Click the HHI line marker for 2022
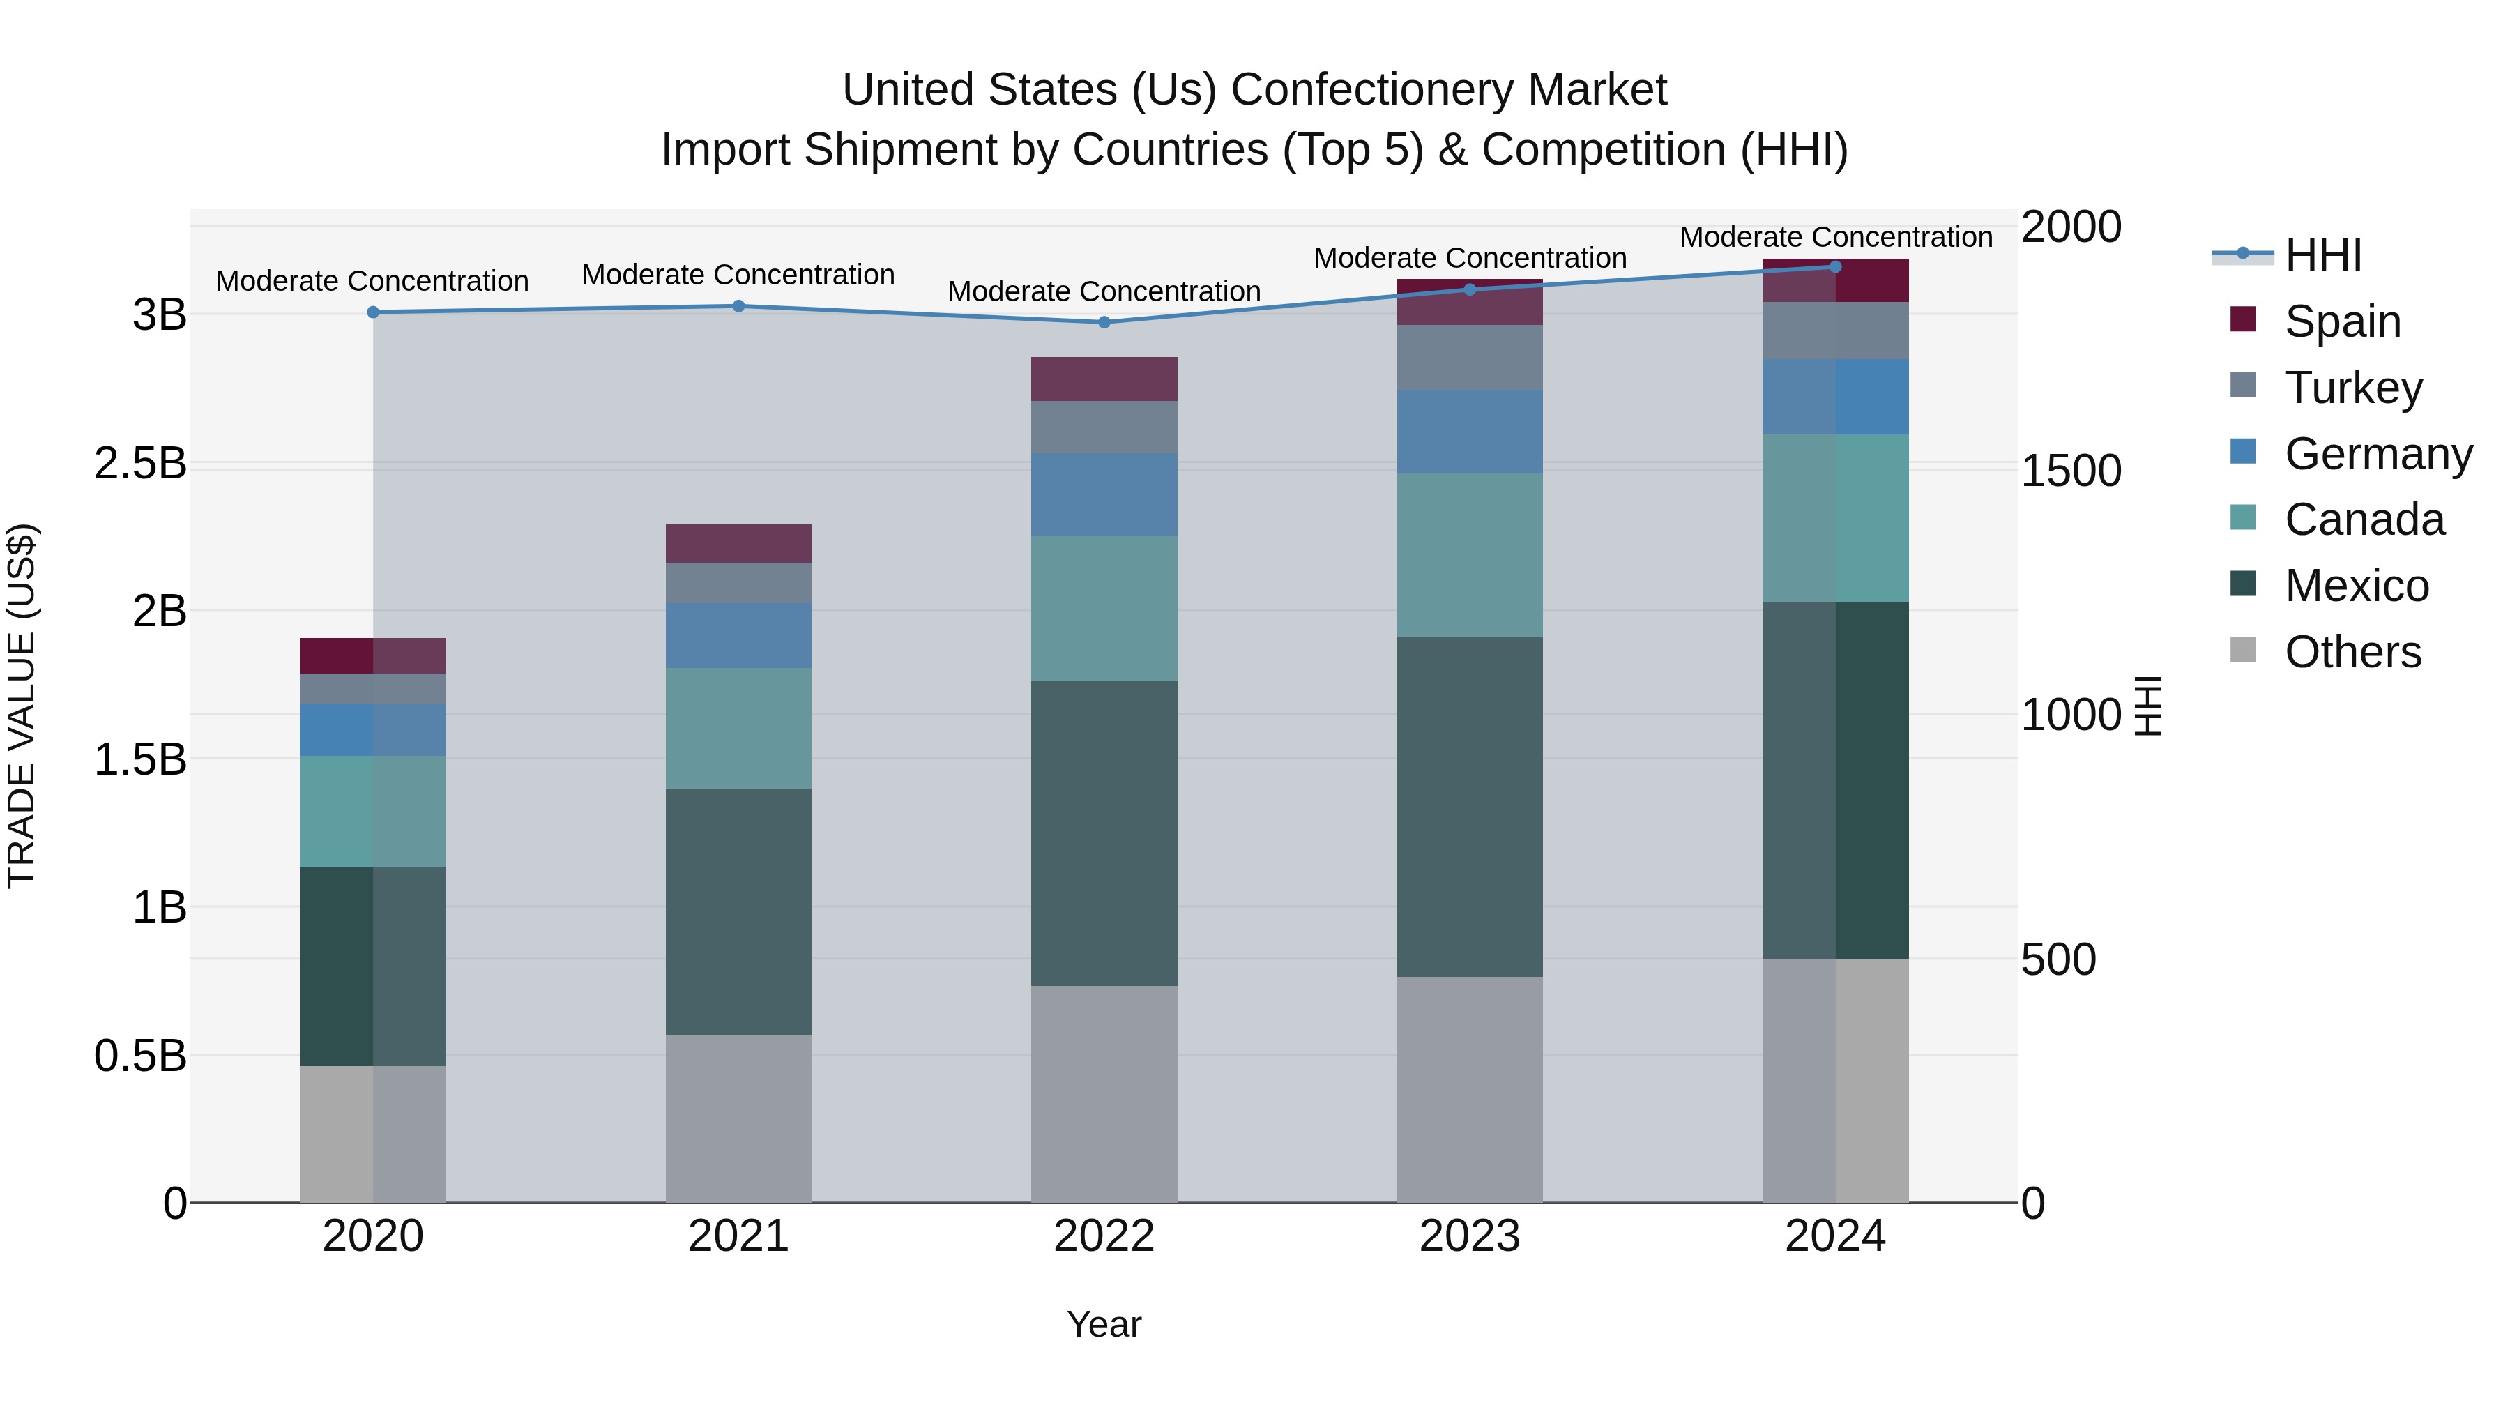[1104, 323]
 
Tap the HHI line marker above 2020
[373, 312]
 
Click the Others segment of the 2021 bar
[738, 1118]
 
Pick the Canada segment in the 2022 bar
[1104, 608]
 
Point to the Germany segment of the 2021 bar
[738, 635]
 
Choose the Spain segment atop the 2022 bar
[1104, 379]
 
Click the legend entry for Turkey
[2352, 388]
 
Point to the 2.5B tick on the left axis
[140, 464]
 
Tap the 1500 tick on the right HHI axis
[2071, 471]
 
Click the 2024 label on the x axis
[1835, 1236]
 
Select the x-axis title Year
[1104, 1324]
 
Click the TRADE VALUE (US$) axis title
[22, 706]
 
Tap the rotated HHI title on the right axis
[2147, 706]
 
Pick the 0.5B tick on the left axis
[140, 1056]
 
